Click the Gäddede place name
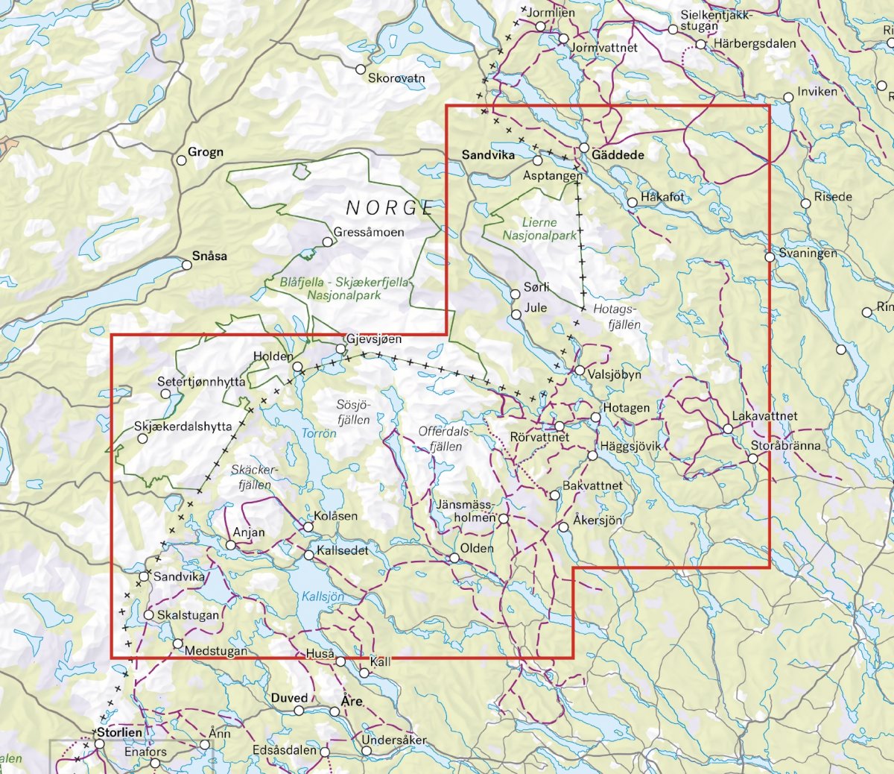[x=618, y=154]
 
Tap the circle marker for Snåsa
[x=187, y=265]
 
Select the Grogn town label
[x=205, y=152]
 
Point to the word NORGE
[x=390, y=207]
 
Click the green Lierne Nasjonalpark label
[x=539, y=229]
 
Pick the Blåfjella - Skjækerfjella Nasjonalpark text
[x=344, y=289]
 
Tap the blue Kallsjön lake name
[x=323, y=597]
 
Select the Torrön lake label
[x=319, y=433]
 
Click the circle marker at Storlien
[x=99, y=744]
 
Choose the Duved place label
[x=289, y=698]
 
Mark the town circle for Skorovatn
[x=361, y=69]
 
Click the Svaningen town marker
[x=769, y=257]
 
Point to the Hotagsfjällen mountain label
[x=617, y=316]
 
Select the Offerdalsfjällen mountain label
[x=445, y=439]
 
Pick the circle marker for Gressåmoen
[x=327, y=242]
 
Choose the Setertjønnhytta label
[x=201, y=381]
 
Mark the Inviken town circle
[x=788, y=97]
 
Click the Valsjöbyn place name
[x=614, y=374]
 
